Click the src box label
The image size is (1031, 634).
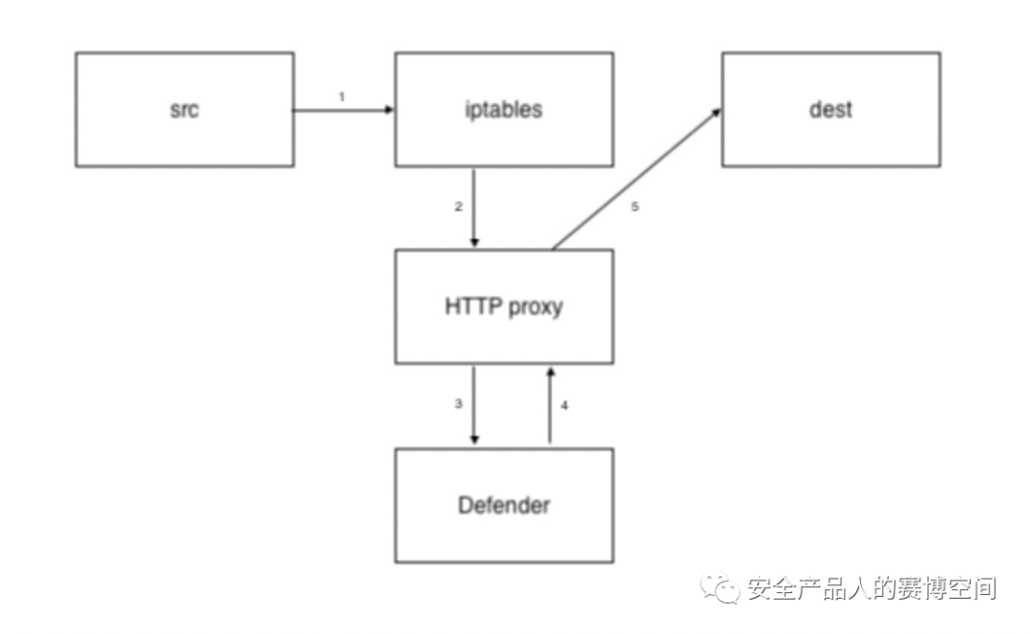pos(184,110)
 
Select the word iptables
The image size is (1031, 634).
pos(503,110)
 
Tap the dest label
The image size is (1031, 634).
pos(830,110)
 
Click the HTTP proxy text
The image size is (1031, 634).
pos(504,307)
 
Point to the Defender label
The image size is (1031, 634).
pos(504,504)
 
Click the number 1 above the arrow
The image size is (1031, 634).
pos(342,96)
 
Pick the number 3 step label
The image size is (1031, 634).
pos(458,404)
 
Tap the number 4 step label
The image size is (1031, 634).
pos(564,405)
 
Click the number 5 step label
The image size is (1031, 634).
pos(635,207)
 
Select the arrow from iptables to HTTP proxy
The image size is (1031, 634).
pos(475,208)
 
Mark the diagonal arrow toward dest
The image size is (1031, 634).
pos(635,180)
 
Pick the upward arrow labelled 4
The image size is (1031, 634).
pos(550,405)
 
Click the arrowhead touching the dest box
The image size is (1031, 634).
pos(716,113)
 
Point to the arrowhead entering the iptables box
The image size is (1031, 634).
pos(389,110)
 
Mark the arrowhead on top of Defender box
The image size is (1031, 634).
pos(475,439)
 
